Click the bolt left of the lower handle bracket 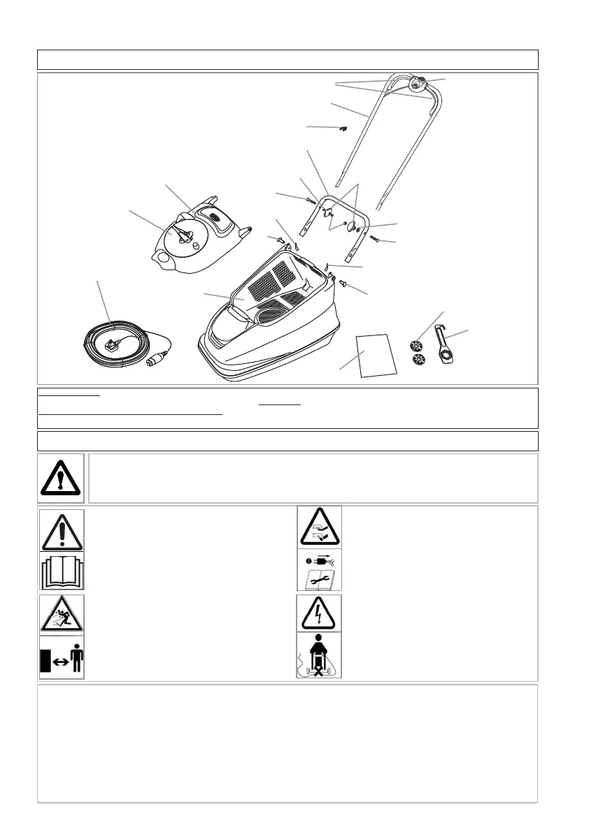pyautogui.click(x=311, y=200)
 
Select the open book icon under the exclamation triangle pyautogui.click(x=62, y=571)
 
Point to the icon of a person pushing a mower pyautogui.click(x=319, y=657)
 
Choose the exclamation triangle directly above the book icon pyautogui.click(x=62, y=531)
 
